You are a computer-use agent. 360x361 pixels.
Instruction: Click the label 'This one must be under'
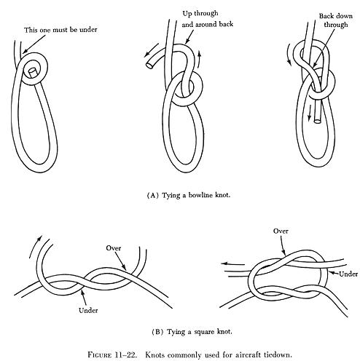coord(60,30)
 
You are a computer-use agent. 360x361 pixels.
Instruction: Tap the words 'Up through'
coord(200,13)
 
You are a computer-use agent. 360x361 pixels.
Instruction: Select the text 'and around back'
coord(208,25)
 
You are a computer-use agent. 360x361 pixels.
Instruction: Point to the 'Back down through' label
coord(336,20)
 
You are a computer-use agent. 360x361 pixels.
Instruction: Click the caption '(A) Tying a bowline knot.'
coord(189,195)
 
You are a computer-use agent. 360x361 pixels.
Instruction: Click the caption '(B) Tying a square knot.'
coord(192,332)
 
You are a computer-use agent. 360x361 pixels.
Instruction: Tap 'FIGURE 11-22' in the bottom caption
coord(112,354)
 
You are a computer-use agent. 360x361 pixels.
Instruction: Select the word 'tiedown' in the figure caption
coord(278,354)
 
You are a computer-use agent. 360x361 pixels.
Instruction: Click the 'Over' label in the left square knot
coord(114,248)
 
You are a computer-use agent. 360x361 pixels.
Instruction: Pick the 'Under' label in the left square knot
coord(88,310)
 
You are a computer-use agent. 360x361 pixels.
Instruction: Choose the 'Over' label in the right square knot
coord(281,231)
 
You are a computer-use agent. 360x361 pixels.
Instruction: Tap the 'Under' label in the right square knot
coord(348,274)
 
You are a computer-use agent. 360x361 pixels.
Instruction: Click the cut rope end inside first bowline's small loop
coord(32,73)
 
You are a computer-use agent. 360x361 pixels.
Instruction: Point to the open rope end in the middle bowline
coord(149,65)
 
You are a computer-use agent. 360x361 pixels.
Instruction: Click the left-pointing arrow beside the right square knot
coord(232,264)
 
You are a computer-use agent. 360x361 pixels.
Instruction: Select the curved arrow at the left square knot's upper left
coord(35,246)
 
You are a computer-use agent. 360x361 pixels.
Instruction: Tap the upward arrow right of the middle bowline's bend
coord(199,59)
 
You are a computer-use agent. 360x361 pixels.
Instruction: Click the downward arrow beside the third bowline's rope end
coord(310,112)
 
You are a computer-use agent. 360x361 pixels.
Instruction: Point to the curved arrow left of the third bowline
coord(289,55)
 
